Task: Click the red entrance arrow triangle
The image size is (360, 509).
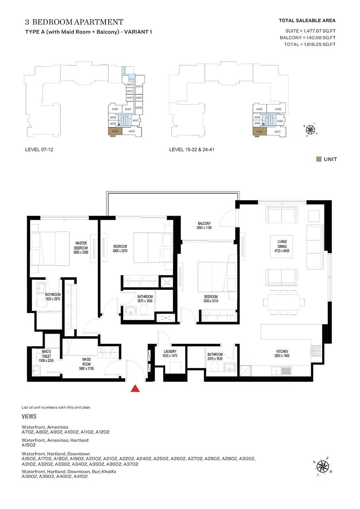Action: pyautogui.click(x=135, y=388)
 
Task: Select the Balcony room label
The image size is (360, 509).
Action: pyautogui.click(x=204, y=226)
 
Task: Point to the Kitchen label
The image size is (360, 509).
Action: pyautogui.click(x=282, y=353)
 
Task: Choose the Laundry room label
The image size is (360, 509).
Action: pyautogui.click(x=170, y=353)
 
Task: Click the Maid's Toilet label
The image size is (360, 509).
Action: pyautogui.click(x=46, y=356)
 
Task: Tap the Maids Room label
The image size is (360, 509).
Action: pyautogui.click(x=86, y=364)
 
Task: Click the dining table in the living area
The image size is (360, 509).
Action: pyautogui.click(x=284, y=302)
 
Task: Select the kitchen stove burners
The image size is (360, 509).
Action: pyautogui.click(x=316, y=351)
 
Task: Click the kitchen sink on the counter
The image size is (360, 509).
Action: pyautogui.click(x=281, y=371)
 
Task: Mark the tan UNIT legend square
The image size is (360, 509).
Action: pyautogui.click(x=319, y=159)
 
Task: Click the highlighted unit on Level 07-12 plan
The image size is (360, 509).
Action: pyautogui.click(x=115, y=131)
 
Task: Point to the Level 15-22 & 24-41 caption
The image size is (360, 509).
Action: pyautogui.click(x=191, y=150)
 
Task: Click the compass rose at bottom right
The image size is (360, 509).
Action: pyautogui.click(x=322, y=467)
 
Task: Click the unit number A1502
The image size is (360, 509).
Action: pyautogui.click(x=29, y=445)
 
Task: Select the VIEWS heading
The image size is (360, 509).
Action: pyautogui.click(x=29, y=417)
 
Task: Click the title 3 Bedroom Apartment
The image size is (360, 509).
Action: pyautogui.click(x=74, y=22)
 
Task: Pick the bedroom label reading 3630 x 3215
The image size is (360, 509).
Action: pyautogui.click(x=211, y=299)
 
